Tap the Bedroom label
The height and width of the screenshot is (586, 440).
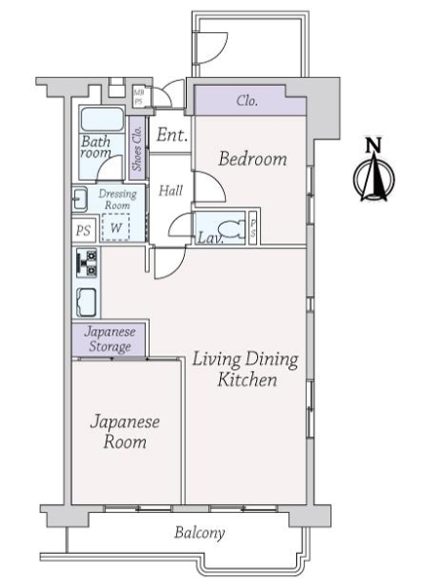coord(253,159)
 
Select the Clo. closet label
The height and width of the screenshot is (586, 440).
coord(247,101)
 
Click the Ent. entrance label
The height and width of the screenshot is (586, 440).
coord(172,135)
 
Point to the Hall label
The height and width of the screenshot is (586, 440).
coord(170,190)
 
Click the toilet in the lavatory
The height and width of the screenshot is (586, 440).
coord(230,229)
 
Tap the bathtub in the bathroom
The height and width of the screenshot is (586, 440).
coord(102,119)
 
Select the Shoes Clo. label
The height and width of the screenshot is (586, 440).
coord(137,148)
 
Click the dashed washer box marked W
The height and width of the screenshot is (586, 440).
coord(115,227)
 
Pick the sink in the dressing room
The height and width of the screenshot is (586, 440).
coord(80,199)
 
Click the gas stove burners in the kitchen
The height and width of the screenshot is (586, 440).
coord(87,263)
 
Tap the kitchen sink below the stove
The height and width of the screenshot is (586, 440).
coord(86,303)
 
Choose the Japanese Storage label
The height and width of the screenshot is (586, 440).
coord(110,339)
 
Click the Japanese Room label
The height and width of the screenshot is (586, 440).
coord(125,432)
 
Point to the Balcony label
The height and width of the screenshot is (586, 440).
coord(199,532)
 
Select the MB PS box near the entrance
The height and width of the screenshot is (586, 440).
coord(139,97)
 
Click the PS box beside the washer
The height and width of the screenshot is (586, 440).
coord(83,230)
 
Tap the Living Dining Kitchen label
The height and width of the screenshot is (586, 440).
coord(245,369)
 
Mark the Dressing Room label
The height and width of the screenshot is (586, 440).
coord(117,199)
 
